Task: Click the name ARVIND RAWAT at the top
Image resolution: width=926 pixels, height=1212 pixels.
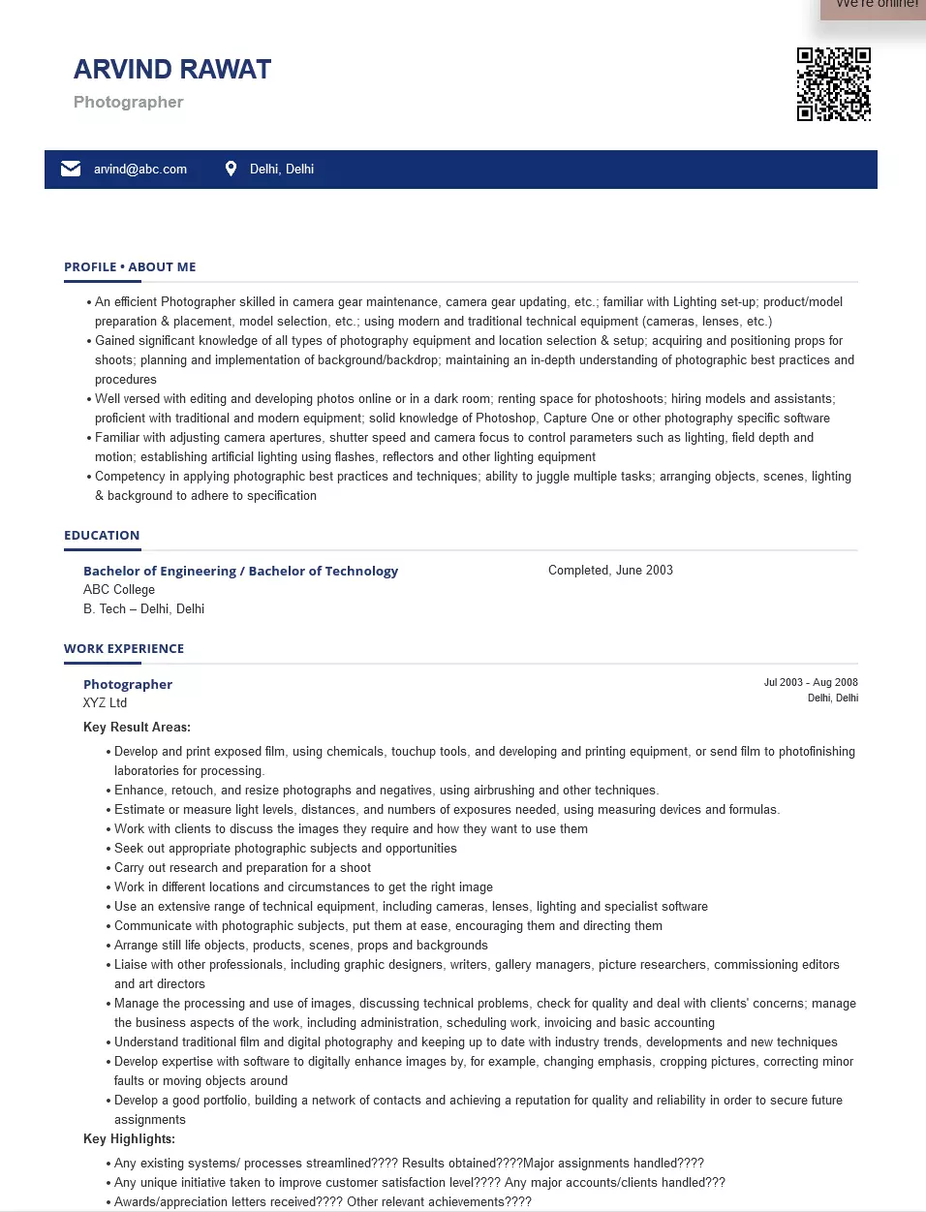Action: (x=172, y=70)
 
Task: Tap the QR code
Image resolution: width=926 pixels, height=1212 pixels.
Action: (x=833, y=84)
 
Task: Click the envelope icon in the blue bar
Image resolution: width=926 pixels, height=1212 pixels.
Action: (x=71, y=169)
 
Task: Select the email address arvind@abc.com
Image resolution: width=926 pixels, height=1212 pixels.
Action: (x=140, y=170)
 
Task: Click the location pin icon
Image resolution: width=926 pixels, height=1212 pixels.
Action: (x=231, y=169)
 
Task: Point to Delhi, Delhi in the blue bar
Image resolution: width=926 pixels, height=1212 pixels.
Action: (x=282, y=170)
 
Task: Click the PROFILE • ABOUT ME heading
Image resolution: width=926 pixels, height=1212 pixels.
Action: (x=130, y=267)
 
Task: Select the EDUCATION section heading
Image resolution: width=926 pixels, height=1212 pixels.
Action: (x=102, y=536)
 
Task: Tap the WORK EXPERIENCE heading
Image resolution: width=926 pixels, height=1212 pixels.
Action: (x=124, y=649)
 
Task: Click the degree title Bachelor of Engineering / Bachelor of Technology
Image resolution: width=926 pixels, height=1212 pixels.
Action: (x=240, y=572)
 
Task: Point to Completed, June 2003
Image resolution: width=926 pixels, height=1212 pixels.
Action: (x=610, y=571)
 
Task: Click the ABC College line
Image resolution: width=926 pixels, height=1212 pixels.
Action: (x=119, y=590)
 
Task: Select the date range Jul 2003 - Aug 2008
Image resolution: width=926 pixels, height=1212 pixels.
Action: (x=811, y=683)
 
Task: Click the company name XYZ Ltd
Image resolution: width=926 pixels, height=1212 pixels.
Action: (x=105, y=703)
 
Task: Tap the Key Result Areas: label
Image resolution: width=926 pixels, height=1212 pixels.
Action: (x=137, y=728)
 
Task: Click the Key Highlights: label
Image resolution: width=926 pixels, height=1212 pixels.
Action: (x=129, y=1139)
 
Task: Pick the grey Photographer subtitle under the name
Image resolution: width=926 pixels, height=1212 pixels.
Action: (x=128, y=103)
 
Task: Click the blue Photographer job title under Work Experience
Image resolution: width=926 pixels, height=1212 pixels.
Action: (x=128, y=685)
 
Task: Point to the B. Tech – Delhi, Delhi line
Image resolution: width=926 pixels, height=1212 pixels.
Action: (x=143, y=609)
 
